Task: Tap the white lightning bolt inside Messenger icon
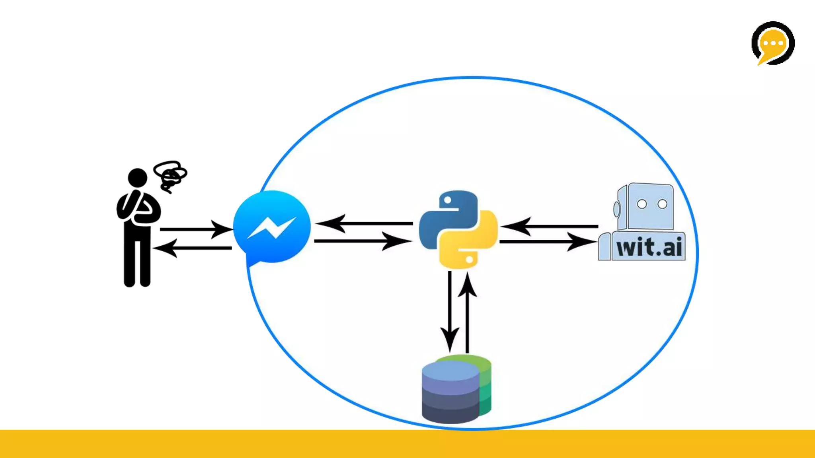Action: (x=272, y=228)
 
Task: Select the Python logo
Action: (x=458, y=229)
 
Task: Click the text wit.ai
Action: (x=649, y=247)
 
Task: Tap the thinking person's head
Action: (x=137, y=177)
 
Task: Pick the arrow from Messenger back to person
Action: (x=193, y=248)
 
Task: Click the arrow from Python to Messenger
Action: (x=364, y=223)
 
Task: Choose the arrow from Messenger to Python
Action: (x=363, y=241)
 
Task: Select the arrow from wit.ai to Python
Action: (x=549, y=226)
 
